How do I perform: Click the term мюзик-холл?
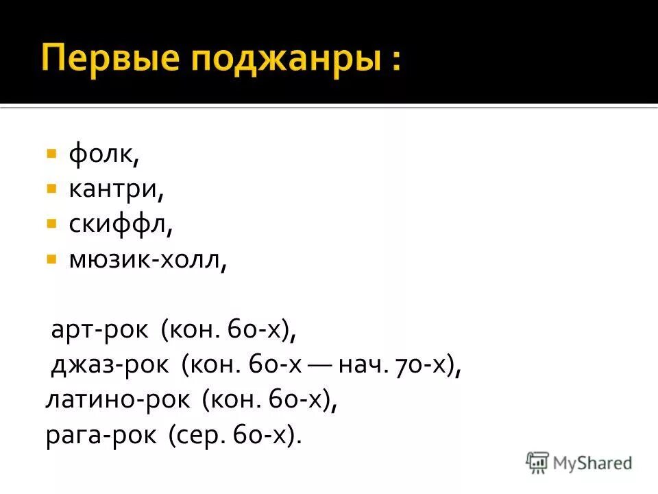(147, 261)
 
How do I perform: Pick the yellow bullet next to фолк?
(51, 153)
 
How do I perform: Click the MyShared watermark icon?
(538, 462)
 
